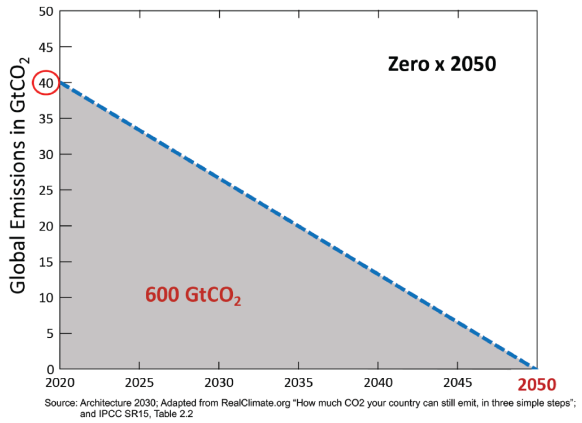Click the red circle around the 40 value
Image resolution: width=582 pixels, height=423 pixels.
(x=45, y=83)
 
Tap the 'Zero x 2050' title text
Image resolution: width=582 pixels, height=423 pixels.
(x=441, y=64)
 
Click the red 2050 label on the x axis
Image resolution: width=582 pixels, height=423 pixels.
(x=537, y=385)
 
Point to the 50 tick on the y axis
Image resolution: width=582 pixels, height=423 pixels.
(x=46, y=11)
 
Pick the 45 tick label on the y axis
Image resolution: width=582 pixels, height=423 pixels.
(x=46, y=47)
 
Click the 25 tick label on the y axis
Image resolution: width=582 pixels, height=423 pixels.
(x=46, y=190)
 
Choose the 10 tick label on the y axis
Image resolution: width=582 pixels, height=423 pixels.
(x=46, y=298)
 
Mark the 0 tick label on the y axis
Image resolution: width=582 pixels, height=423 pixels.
(x=50, y=369)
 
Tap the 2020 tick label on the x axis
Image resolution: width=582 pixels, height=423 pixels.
(x=60, y=382)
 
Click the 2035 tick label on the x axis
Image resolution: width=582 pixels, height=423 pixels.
(x=298, y=382)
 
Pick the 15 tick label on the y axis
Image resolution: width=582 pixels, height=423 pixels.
(x=46, y=262)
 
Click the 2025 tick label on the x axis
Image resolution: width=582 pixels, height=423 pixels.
(x=139, y=382)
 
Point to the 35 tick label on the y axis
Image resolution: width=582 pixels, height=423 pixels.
(x=46, y=119)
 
